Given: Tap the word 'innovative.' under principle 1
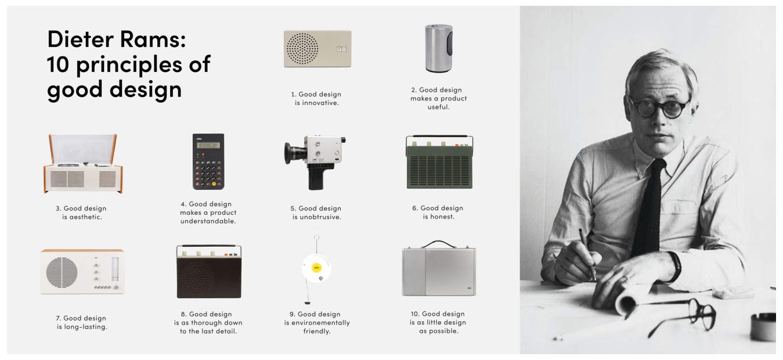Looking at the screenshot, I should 317,103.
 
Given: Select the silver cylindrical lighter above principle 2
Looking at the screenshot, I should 439,48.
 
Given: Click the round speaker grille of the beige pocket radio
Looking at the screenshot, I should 302,48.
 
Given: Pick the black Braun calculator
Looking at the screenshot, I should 208,161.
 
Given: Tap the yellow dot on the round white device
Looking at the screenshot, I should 317,268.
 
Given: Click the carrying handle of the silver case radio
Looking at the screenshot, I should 438,244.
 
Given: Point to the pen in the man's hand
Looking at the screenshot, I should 587,253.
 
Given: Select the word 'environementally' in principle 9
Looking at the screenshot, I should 317,323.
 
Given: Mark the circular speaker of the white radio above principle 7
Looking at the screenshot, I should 62,271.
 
